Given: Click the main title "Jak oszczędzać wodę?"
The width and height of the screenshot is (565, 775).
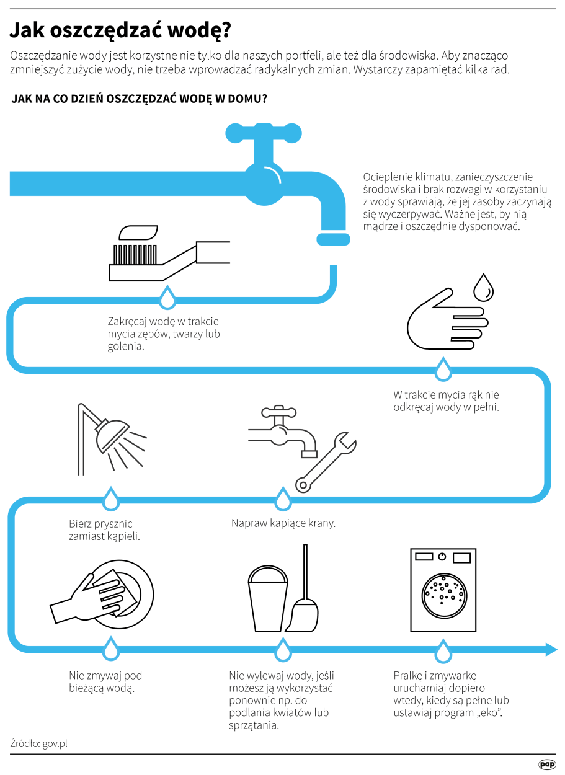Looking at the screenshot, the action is pos(120,31).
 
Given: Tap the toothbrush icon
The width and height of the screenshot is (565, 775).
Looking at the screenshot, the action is pos(169,253).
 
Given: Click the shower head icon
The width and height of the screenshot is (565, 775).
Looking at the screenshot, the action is pos(112,439).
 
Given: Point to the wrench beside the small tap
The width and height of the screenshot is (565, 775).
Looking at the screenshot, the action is pos(326,462).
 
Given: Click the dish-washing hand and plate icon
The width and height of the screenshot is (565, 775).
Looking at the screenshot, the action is pos(102,595).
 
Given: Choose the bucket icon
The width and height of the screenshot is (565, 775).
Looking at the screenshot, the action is pos(267,598).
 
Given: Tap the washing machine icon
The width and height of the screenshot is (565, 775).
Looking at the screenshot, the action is pos(443,590).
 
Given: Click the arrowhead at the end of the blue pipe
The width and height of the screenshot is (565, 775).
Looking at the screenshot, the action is pos(551,649).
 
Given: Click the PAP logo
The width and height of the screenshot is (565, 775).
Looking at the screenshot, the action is pos(547,764).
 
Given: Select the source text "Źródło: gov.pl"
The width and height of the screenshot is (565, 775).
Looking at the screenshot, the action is pos(38,743).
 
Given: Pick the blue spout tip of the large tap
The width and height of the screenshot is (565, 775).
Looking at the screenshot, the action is pos(333,239).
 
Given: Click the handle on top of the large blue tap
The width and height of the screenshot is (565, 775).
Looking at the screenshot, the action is pos(264,133).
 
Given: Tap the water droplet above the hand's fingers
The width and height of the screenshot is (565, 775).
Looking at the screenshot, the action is pos(483,288).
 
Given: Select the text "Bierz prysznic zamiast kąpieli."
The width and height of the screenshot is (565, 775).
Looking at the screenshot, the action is pos(104,529).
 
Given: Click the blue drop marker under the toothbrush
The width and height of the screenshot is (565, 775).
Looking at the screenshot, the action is pos(167,298).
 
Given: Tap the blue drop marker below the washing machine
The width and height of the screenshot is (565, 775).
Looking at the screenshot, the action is pos(443,651).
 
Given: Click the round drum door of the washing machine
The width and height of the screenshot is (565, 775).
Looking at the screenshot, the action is pos(444,595).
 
